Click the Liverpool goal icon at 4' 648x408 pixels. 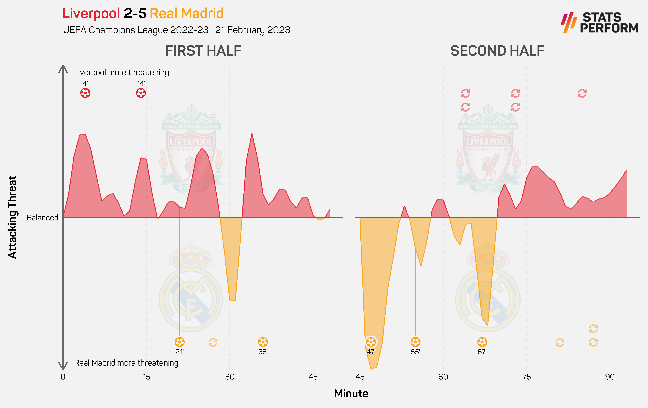pyautogui.click(x=85, y=93)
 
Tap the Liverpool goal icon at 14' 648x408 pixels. pyautogui.click(x=141, y=93)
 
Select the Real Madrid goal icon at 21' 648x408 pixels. pyautogui.click(x=179, y=342)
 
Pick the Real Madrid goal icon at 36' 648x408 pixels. pyautogui.click(x=263, y=342)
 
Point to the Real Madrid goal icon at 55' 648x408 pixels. pyautogui.click(x=415, y=342)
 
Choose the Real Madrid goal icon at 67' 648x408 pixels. pyautogui.click(x=482, y=342)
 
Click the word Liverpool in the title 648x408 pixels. pyautogui.click(x=91, y=13)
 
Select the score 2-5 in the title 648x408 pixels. pyautogui.click(x=135, y=13)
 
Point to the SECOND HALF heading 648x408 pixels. pyautogui.click(x=497, y=51)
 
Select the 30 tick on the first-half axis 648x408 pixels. pyautogui.click(x=230, y=377)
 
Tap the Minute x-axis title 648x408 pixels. pyautogui.click(x=351, y=393)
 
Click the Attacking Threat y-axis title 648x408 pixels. pyautogui.click(x=12, y=217)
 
